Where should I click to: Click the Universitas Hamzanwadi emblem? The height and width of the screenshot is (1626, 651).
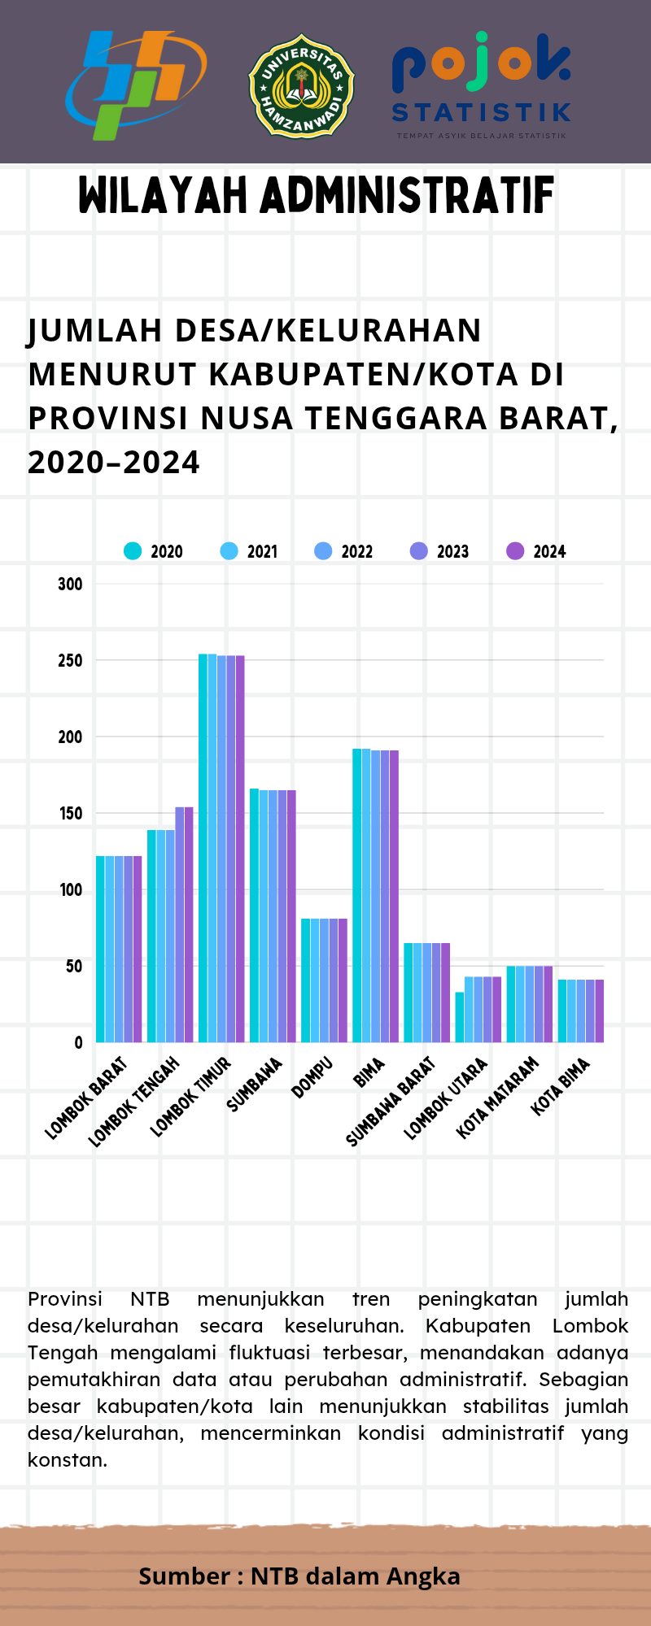click(301, 85)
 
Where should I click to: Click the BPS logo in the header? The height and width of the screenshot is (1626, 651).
click(136, 85)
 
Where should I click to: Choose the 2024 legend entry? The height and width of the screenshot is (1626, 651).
click(536, 551)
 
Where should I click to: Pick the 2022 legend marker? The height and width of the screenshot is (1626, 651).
click(323, 551)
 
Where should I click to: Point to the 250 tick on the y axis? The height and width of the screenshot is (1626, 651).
click(70, 660)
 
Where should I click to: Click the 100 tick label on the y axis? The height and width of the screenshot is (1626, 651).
click(70, 889)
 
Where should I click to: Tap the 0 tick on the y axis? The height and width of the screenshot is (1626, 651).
click(78, 1042)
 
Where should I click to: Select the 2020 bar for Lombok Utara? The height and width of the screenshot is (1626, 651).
click(460, 1017)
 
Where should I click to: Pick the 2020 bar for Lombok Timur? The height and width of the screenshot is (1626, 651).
click(203, 848)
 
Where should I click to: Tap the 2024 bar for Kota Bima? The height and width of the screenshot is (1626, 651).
click(600, 1011)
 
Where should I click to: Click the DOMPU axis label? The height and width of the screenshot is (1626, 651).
click(312, 1077)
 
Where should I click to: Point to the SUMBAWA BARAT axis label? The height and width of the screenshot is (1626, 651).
click(391, 1102)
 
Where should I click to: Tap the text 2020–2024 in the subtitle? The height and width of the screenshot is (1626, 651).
click(114, 462)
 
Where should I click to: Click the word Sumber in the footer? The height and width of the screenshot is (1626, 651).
click(184, 1576)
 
